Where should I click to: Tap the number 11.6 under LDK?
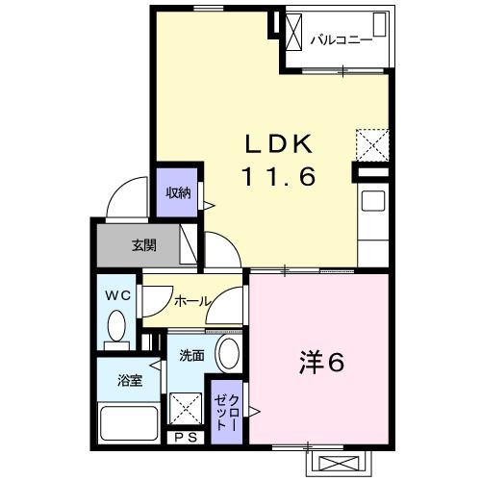point(278,177)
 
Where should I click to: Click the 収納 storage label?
point(178,191)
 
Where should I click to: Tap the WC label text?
point(117,294)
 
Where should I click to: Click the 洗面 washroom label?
point(191,356)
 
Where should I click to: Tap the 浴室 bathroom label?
point(131,380)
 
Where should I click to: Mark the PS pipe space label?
point(189,438)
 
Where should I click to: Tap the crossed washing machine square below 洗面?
point(184,409)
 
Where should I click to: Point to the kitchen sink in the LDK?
point(372,206)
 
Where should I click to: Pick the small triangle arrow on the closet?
point(254,412)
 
